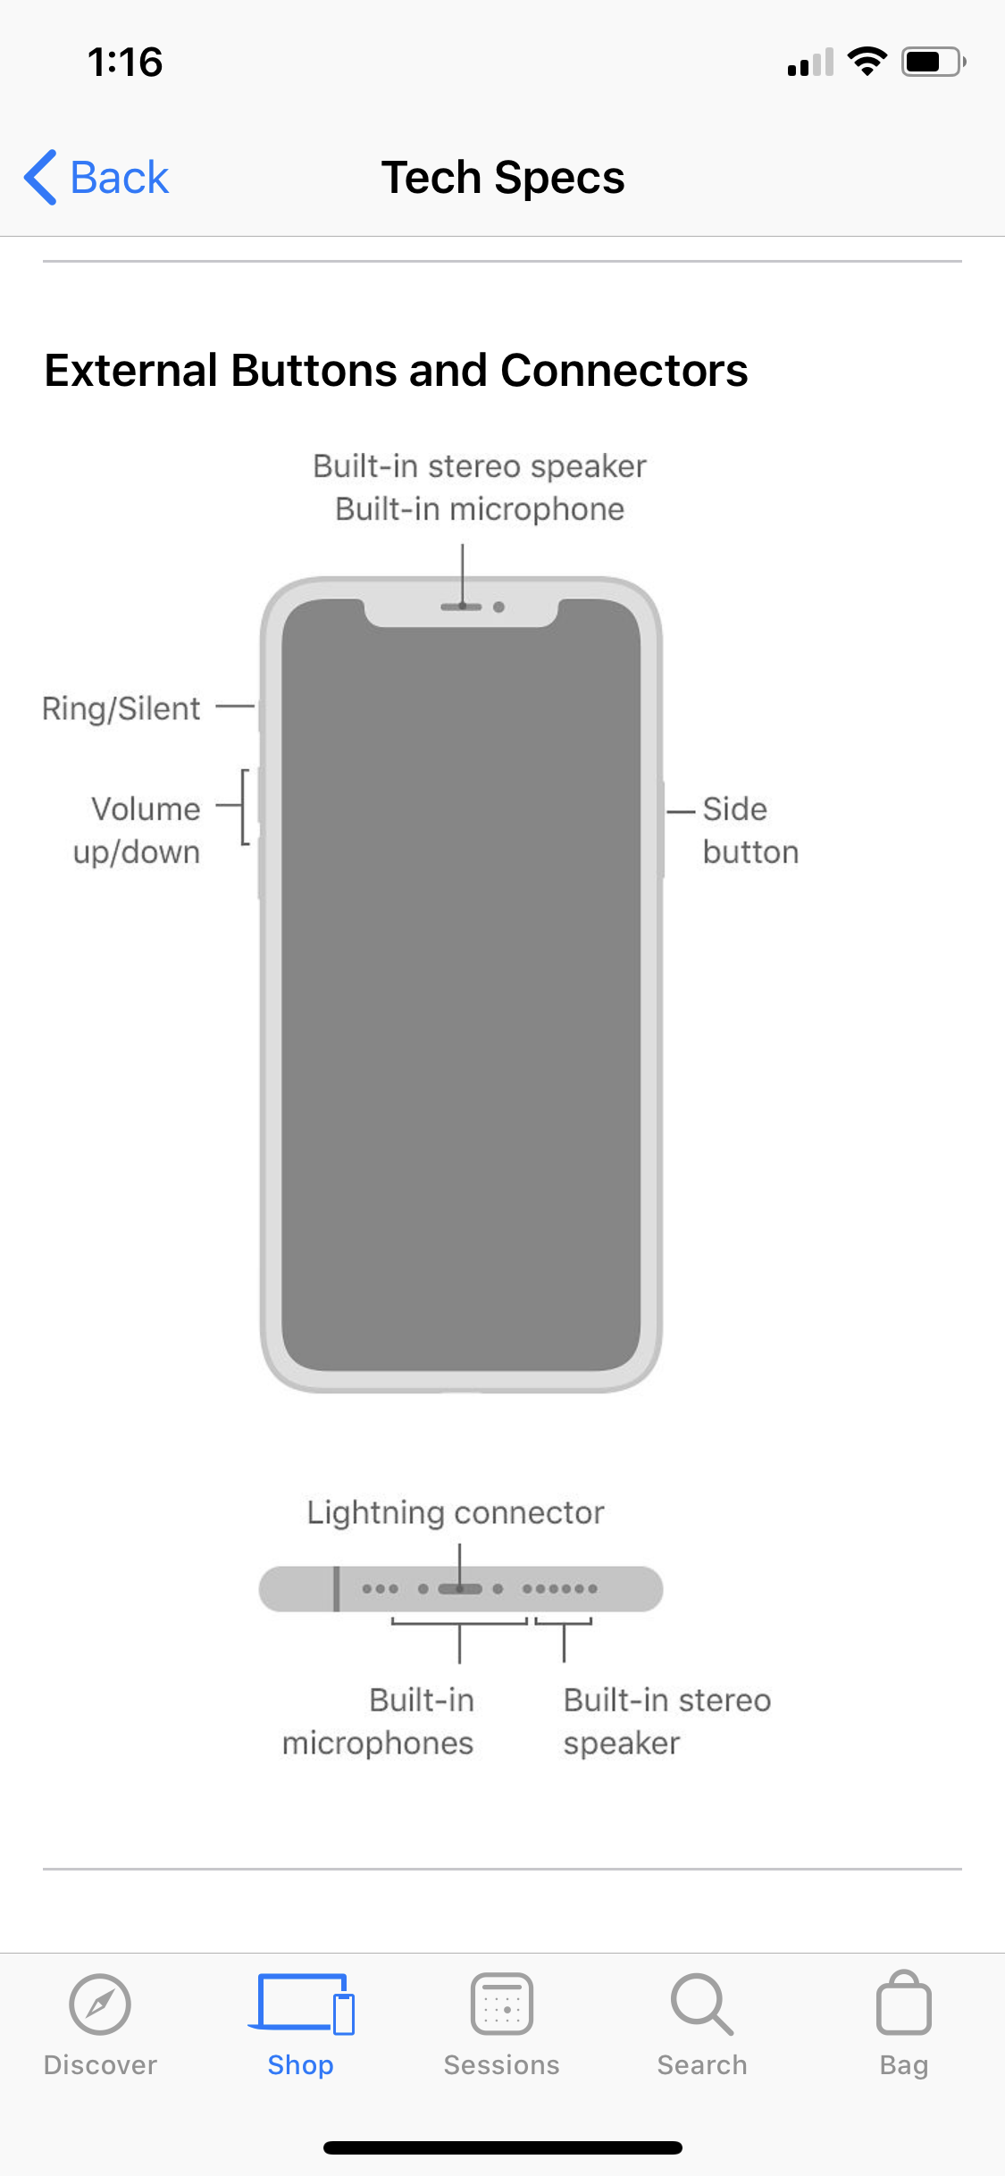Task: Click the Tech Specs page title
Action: point(503,177)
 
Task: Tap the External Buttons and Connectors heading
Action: point(396,370)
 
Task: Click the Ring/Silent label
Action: point(121,708)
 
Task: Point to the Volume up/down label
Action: point(137,830)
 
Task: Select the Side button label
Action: point(750,830)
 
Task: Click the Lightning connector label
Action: point(456,1512)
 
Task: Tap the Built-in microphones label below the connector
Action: point(378,1721)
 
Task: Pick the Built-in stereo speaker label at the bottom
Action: point(666,1721)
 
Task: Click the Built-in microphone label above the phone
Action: point(480,509)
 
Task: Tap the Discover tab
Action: point(100,2025)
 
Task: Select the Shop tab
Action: point(301,2025)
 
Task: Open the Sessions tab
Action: point(502,2025)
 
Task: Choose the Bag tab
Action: point(904,2025)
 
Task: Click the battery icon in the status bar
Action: point(934,62)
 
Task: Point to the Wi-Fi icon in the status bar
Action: point(867,61)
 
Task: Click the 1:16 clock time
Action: point(125,63)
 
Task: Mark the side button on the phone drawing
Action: point(662,828)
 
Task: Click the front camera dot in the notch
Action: point(499,607)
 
